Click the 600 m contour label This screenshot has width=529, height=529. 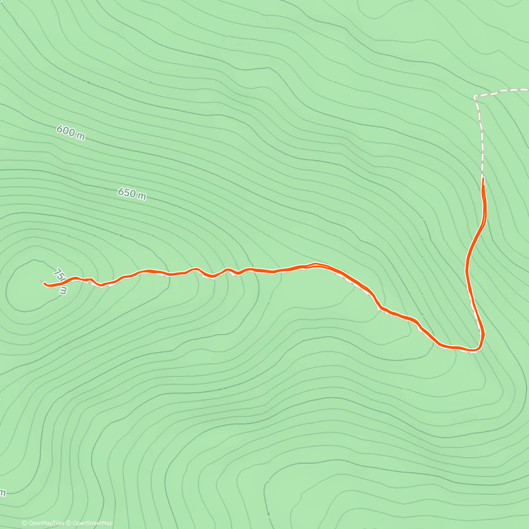click(71, 133)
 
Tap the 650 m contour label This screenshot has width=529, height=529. click(132, 194)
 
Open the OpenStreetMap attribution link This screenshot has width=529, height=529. click(92, 523)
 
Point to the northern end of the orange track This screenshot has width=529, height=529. click(483, 179)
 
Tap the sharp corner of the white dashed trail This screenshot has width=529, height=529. click(475, 97)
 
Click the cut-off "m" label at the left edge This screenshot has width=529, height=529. click(2, 492)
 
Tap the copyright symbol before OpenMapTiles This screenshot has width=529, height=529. click(25, 523)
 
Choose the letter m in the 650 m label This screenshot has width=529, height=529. click(142, 196)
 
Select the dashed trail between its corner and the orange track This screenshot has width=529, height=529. click(481, 137)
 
